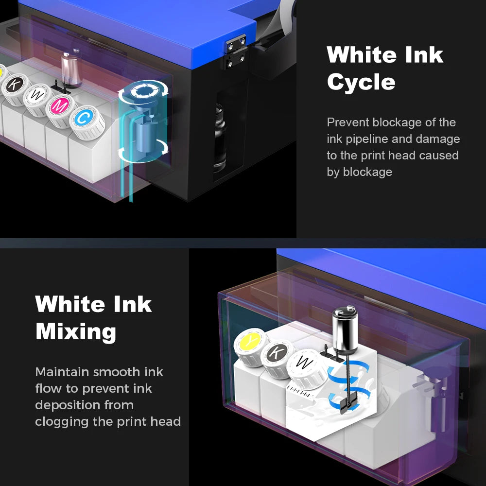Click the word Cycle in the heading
point(361,82)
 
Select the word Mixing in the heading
point(76,332)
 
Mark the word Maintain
point(62,372)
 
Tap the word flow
point(48,388)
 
